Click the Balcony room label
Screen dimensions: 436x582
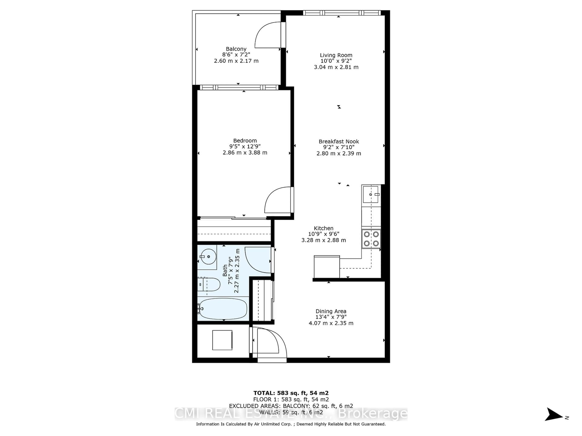[236, 49]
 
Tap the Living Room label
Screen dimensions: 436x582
[336, 55]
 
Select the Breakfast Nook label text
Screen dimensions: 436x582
[339, 141]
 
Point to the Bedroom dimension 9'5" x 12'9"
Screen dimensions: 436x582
[245, 146]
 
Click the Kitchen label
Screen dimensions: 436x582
[323, 228]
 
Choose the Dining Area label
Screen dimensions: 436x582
[331, 311]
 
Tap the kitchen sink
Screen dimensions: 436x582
[370, 195]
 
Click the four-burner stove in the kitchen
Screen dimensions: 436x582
[371, 239]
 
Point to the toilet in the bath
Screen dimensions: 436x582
[209, 284]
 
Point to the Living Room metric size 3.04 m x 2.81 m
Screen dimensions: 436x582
[336, 67]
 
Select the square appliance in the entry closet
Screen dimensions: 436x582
[222, 340]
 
